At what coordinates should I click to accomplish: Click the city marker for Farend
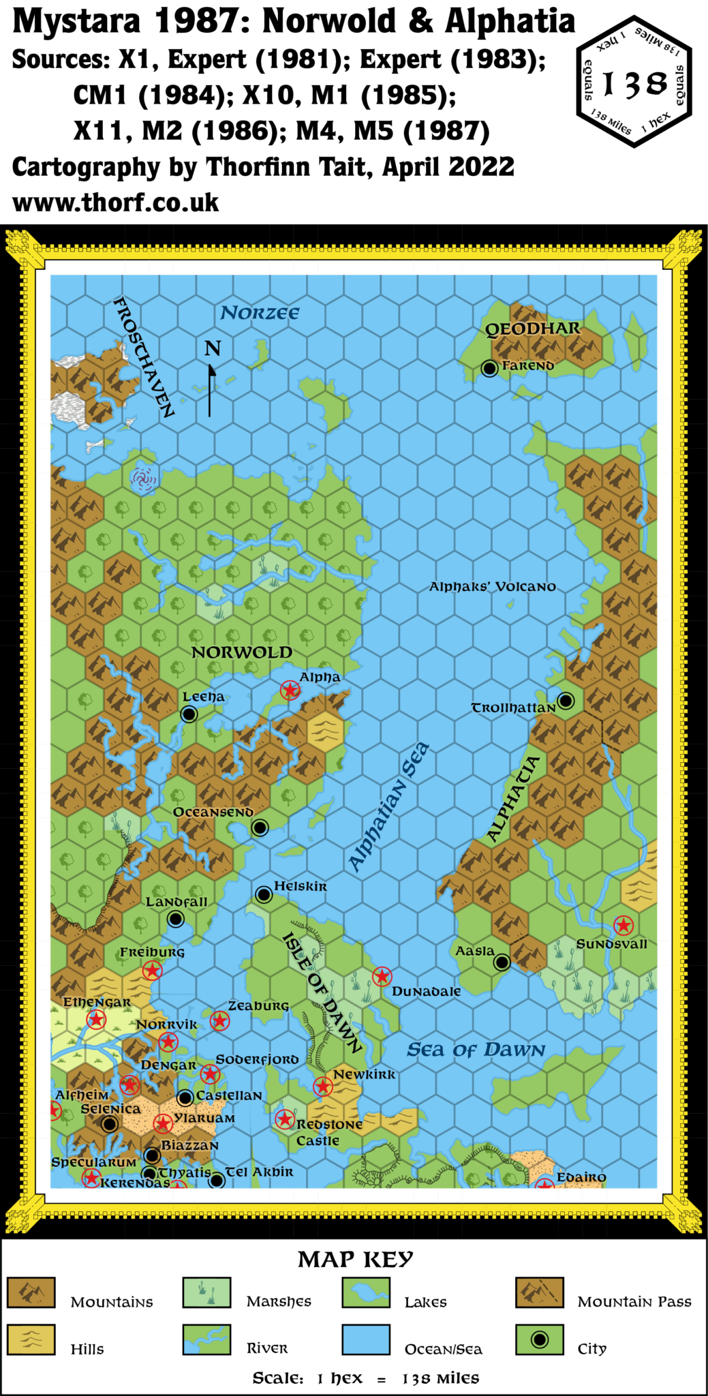point(489,368)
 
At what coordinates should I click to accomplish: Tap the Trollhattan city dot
point(566,700)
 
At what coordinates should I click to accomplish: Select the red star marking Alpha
point(290,691)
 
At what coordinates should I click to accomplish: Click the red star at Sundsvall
point(624,925)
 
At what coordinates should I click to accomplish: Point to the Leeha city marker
point(189,714)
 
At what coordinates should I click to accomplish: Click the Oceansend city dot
point(260,828)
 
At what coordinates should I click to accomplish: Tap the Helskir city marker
point(264,894)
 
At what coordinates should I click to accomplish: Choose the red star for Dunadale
point(382,977)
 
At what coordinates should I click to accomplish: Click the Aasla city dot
point(502,962)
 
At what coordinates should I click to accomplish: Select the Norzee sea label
point(260,313)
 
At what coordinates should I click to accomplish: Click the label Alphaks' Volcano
point(492,587)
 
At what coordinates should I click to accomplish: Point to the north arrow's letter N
point(213,349)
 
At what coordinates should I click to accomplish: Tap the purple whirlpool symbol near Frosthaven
point(143,479)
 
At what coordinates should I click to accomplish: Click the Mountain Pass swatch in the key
point(539,1293)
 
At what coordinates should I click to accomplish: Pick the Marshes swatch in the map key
point(206,1293)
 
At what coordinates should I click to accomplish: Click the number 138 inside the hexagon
point(635,84)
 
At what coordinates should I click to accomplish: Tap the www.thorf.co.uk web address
point(116,202)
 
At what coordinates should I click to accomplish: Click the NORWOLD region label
point(241,652)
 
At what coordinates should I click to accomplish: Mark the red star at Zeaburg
point(219,1020)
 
